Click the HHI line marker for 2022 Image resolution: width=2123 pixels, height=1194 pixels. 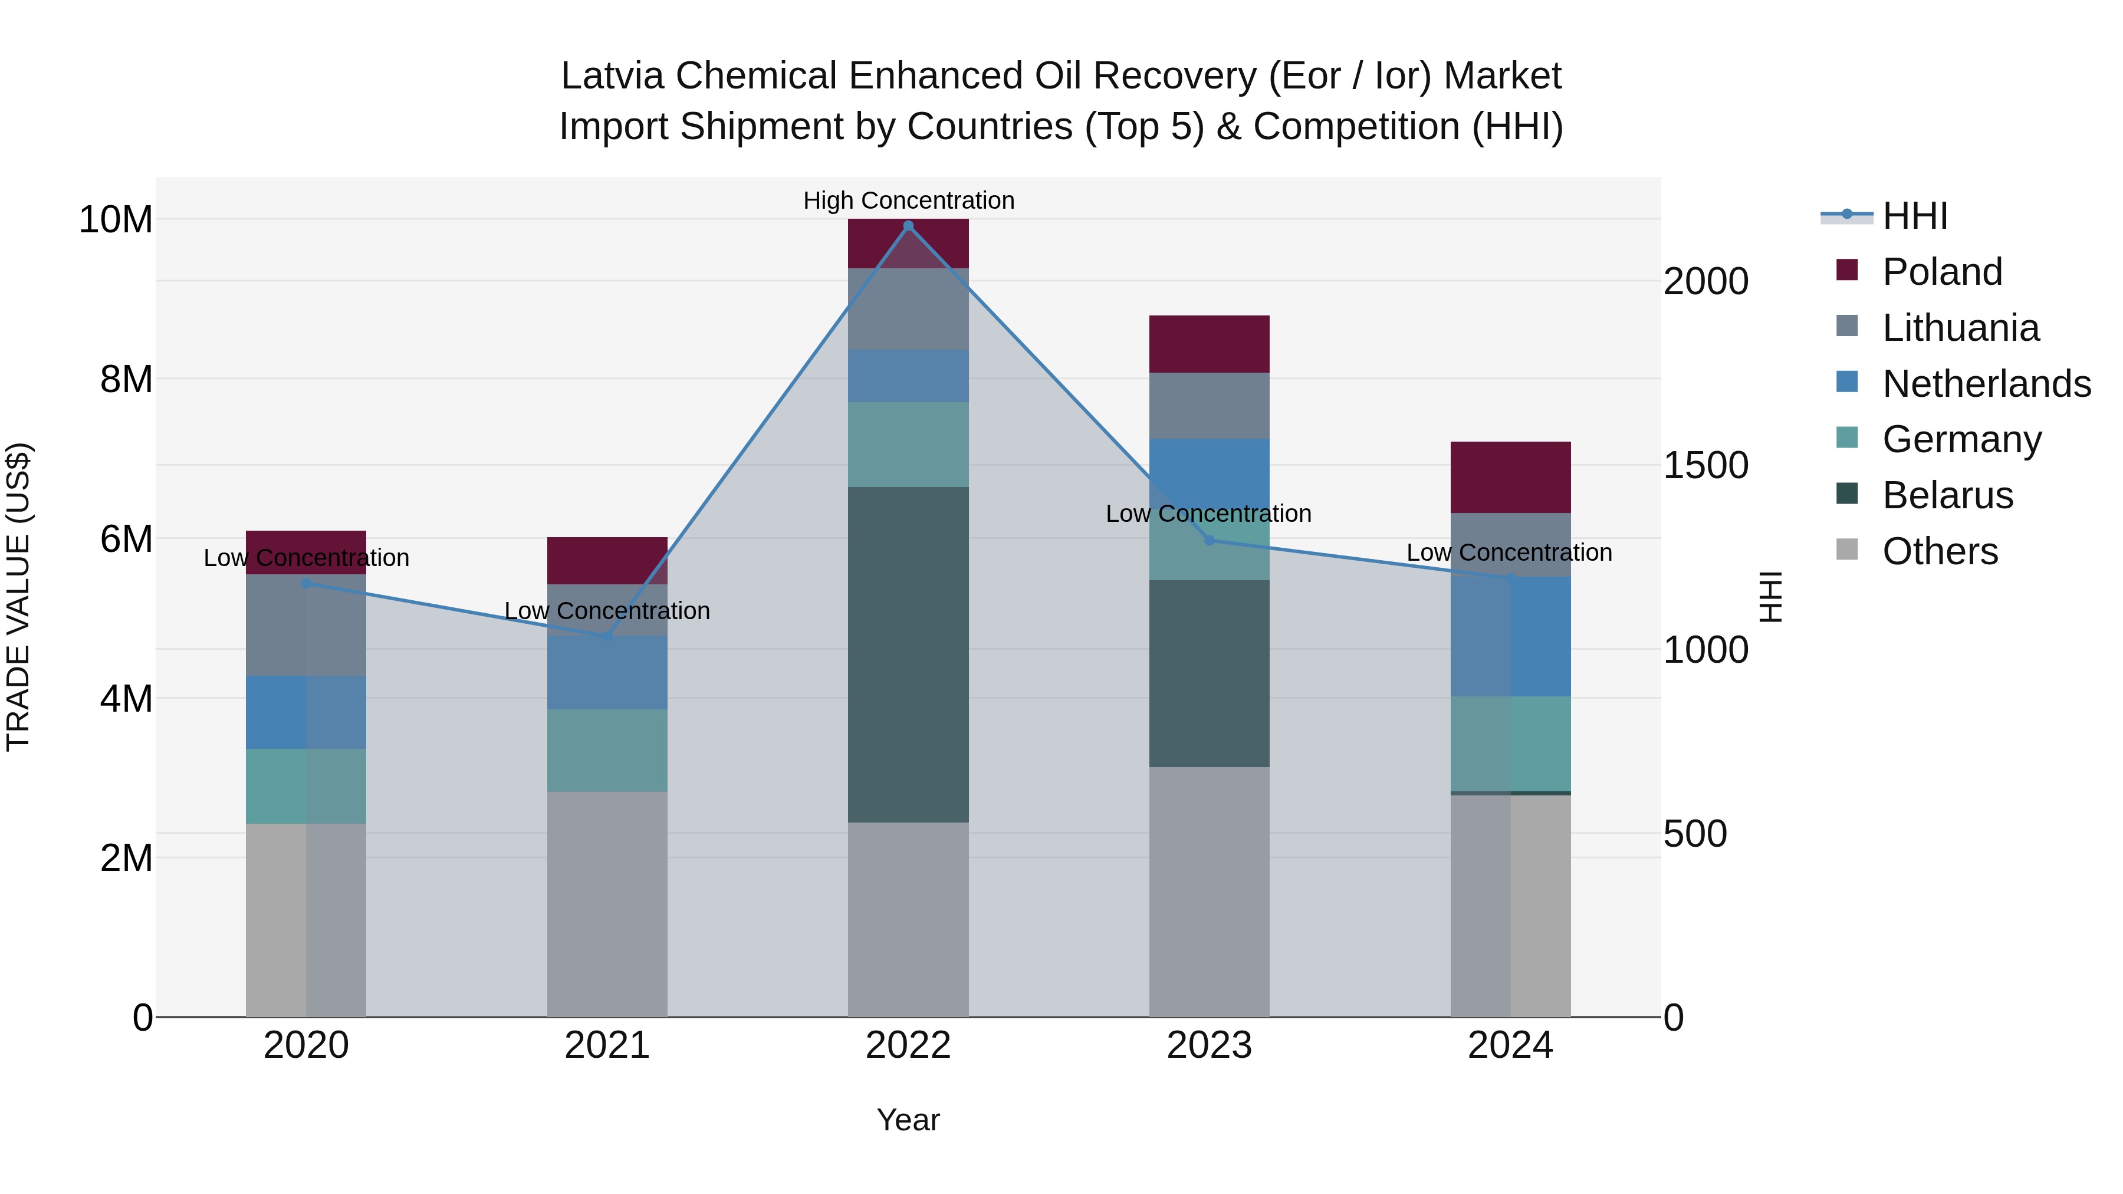[908, 226]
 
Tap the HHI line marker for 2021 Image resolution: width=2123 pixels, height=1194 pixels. [607, 636]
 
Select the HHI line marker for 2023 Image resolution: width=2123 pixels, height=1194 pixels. [1209, 541]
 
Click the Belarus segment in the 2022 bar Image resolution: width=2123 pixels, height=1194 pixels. [908, 655]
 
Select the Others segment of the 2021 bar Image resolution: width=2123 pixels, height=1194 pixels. [607, 904]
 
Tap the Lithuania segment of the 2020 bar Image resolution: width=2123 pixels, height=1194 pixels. [305, 626]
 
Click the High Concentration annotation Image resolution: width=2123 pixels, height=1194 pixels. [908, 200]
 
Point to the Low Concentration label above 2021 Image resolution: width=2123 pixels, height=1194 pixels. [607, 611]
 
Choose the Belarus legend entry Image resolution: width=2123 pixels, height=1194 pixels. [1947, 495]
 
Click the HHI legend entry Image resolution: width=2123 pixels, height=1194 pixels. [1914, 216]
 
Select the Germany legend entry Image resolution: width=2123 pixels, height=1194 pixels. [1961, 439]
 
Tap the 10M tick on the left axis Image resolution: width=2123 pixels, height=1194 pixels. [116, 220]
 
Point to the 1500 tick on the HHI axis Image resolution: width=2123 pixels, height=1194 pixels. [1705, 466]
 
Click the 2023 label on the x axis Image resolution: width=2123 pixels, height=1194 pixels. [1209, 1045]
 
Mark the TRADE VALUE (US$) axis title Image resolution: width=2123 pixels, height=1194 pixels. [18, 597]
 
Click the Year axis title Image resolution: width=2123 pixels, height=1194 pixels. [908, 1120]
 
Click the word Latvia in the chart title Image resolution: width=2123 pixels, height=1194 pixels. [611, 76]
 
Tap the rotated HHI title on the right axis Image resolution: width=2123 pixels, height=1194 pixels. [1770, 597]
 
